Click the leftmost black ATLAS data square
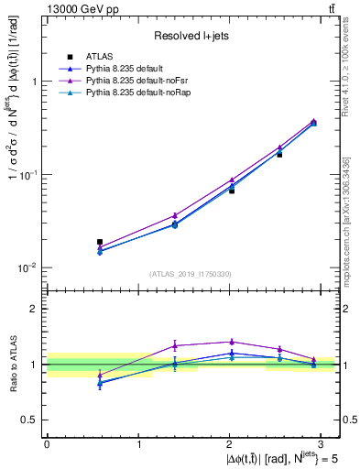100,242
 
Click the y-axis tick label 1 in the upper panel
34,81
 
